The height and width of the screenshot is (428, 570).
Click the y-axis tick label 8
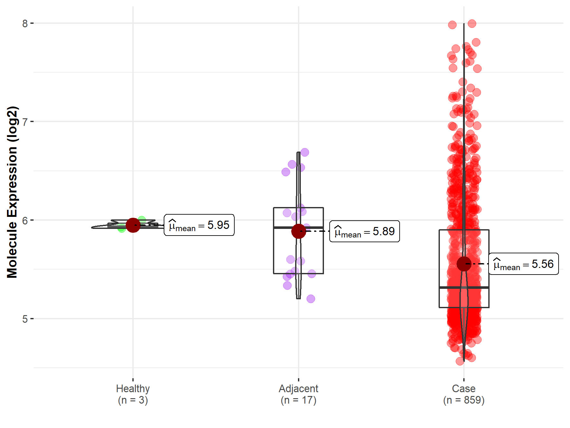[x=25, y=23]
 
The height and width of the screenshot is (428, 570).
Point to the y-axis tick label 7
[x=25, y=122]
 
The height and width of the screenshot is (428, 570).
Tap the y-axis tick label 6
[x=25, y=220]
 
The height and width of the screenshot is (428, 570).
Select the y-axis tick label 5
[x=25, y=319]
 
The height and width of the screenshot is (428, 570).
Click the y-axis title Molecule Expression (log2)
[x=12, y=192]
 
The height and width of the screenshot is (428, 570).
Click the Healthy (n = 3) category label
[x=133, y=394]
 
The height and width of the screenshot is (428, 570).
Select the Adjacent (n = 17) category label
[x=298, y=394]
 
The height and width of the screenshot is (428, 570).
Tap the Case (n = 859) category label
[x=464, y=394]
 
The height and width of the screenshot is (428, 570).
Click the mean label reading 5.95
[x=199, y=225]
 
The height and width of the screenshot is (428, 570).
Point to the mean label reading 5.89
[x=364, y=231]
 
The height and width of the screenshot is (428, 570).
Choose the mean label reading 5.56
[x=523, y=264]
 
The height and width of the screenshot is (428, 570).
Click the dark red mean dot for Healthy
[x=133, y=225]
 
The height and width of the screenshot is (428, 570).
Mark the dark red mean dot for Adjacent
[x=298, y=231]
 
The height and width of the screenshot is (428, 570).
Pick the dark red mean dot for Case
[x=464, y=264]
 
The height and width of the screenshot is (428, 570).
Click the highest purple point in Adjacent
[x=305, y=152]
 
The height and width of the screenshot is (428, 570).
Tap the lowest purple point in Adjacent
[x=311, y=299]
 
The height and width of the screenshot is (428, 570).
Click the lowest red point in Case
[x=460, y=361]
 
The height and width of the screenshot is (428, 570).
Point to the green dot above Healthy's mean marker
[x=142, y=220]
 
